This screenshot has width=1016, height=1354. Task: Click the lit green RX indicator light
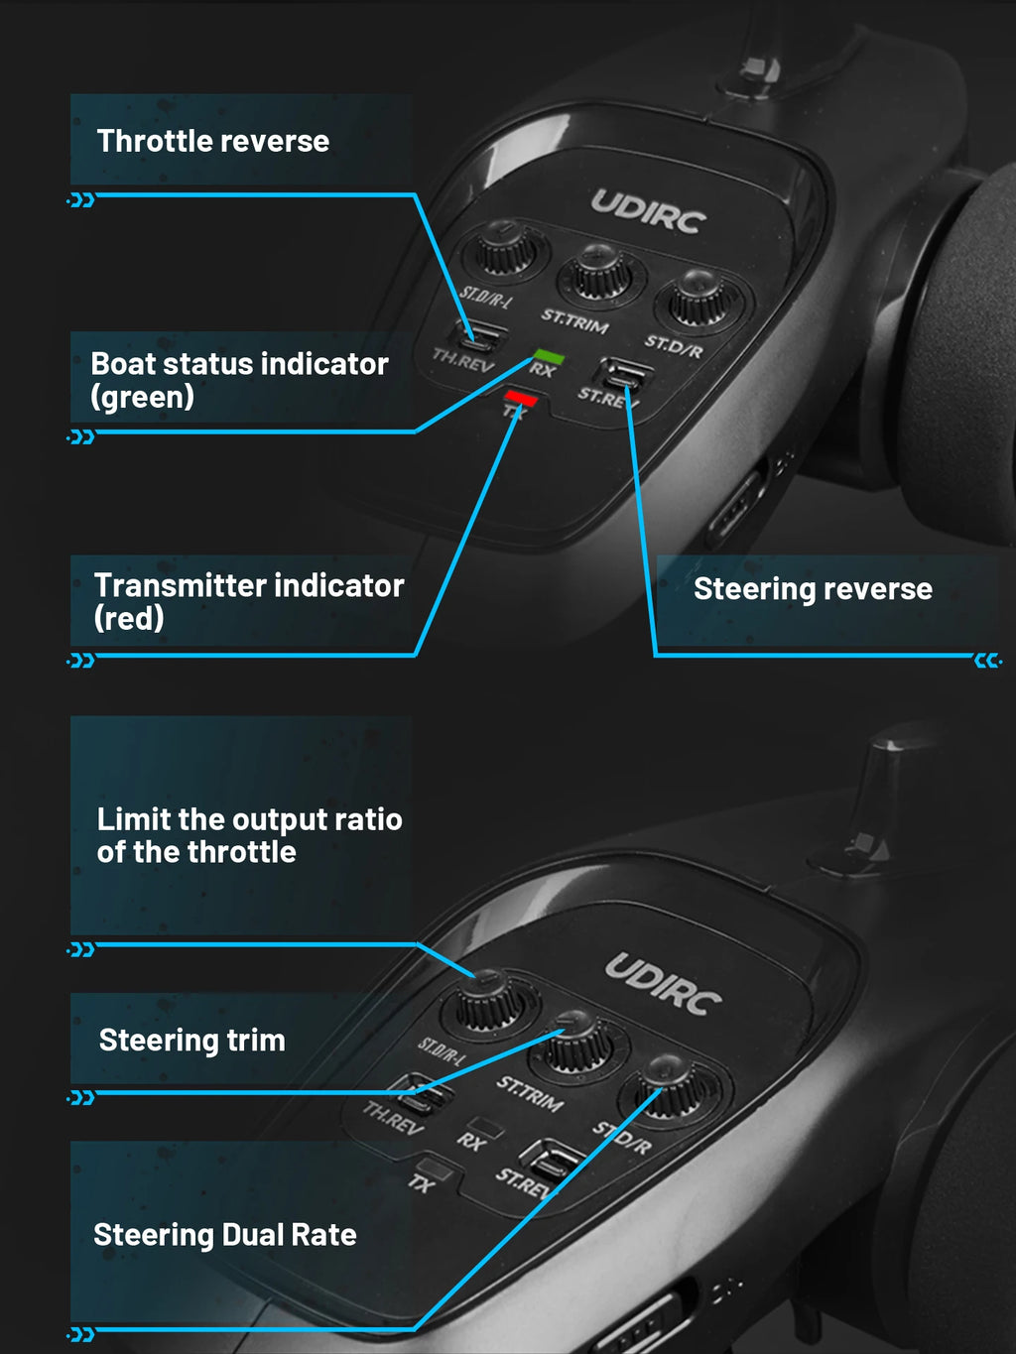[548, 356]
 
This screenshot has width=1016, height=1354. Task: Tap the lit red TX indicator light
[520, 397]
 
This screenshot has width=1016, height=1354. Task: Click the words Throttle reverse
[213, 141]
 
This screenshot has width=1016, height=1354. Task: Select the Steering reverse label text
[813, 588]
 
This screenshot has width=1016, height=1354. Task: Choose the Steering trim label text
[192, 1040]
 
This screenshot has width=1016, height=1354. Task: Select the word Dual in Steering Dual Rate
[254, 1235]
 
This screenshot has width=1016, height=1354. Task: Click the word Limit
[134, 819]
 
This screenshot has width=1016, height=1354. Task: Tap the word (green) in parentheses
[143, 397]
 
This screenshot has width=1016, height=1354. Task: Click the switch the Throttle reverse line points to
[480, 338]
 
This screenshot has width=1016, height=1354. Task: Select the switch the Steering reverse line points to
[623, 376]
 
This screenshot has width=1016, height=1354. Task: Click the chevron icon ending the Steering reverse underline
[987, 661]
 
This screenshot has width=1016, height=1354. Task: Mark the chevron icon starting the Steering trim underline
[80, 1097]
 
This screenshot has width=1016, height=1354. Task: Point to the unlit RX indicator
[487, 1127]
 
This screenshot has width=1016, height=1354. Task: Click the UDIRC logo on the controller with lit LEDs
[649, 211]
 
